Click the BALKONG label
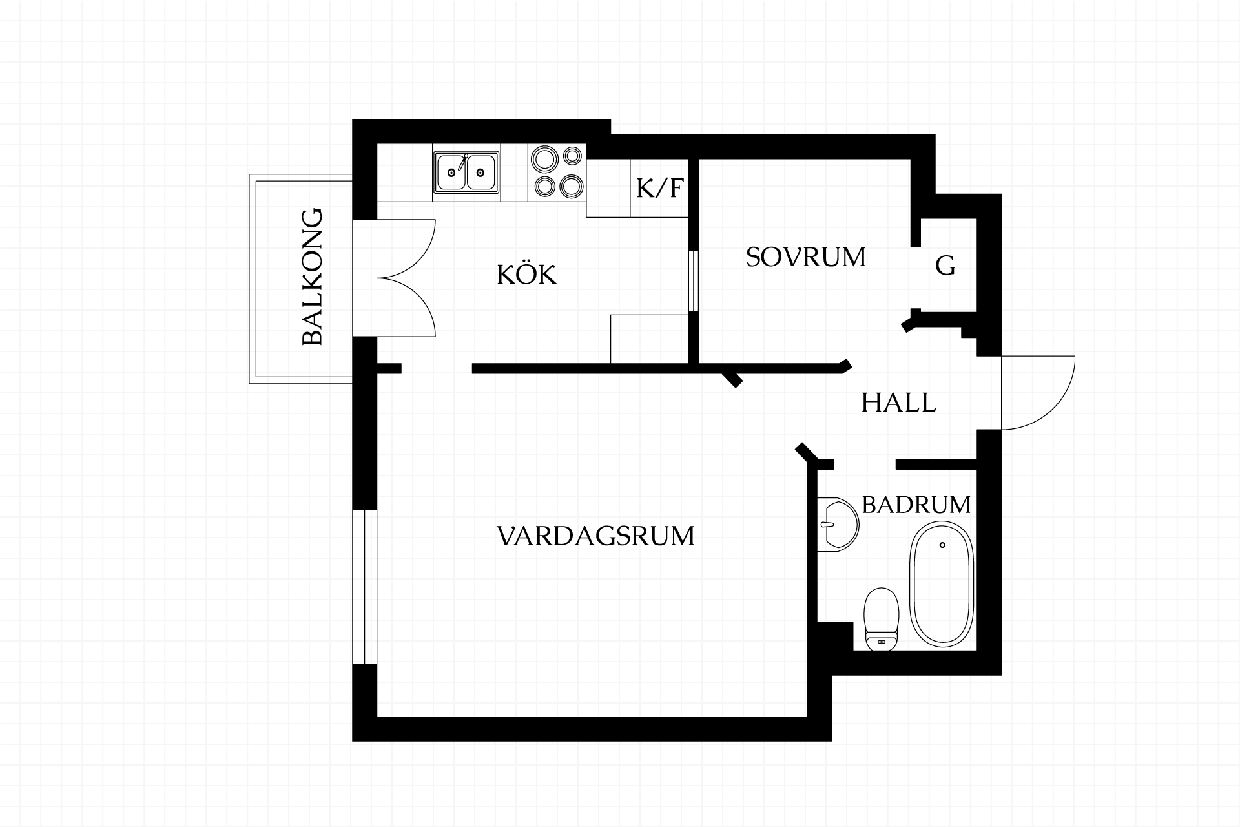pyautogui.click(x=313, y=277)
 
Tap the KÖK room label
pyautogui.click(x=526, y=274)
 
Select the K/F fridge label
pyautogui.click(x=659, y=188)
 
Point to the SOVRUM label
pyautogui.click(x=805, y=257)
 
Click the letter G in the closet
pyautogui.click(x=945, y=266)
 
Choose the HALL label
pyautogui.click(x=898, y=403)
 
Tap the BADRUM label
pyautogui.click(x=916, y=505)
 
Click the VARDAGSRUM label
pyautogui.click(x=595, y=536)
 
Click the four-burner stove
pyautogui.click(x=557, y=172)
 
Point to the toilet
pyautogui.click(x=882, y=618)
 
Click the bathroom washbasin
pyautogui.click(x=838, y=524)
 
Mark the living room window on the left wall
pyautogui.click(x=364, y=587)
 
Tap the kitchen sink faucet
pyautogui.click(x=462, y=162)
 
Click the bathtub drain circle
pyautogui.click(x=943, y=545)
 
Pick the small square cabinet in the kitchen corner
pyautogui.click(x=649, y=339)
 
